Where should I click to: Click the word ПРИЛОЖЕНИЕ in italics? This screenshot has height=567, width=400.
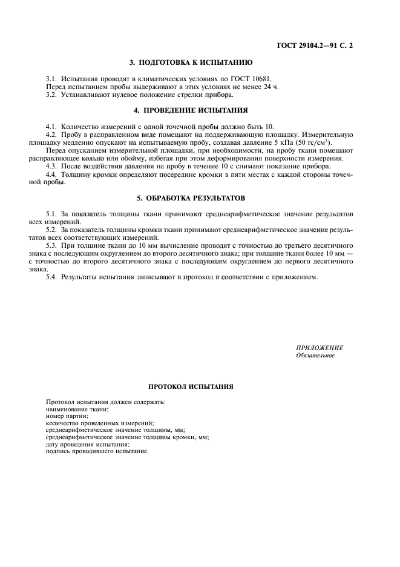coord(319,348)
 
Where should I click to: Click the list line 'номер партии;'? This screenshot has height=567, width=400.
coord(67,416)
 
